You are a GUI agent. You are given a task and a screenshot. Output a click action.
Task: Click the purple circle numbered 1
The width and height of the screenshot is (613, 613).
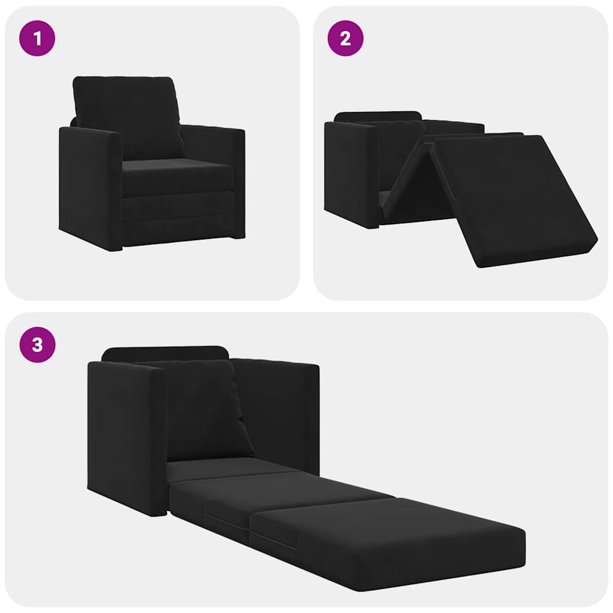37,38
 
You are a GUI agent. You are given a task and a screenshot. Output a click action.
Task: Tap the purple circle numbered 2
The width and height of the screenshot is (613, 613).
345,38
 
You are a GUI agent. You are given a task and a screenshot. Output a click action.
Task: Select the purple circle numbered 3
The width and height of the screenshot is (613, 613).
37,345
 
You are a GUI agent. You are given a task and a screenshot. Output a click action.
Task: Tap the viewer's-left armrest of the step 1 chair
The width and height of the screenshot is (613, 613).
90,186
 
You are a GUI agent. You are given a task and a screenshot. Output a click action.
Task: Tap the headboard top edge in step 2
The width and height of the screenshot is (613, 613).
377,116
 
